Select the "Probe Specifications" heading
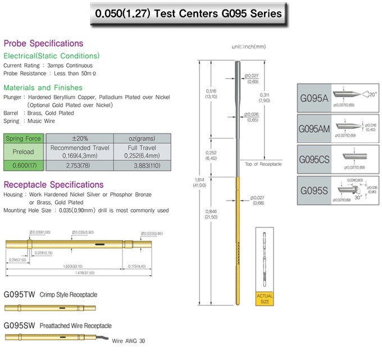43,43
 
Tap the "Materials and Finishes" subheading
43,88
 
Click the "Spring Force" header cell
24,138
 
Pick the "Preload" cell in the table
24,152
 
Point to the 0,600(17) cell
24,165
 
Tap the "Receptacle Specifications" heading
53,184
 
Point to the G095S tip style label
313,190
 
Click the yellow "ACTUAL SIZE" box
264,298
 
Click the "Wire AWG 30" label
128,341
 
